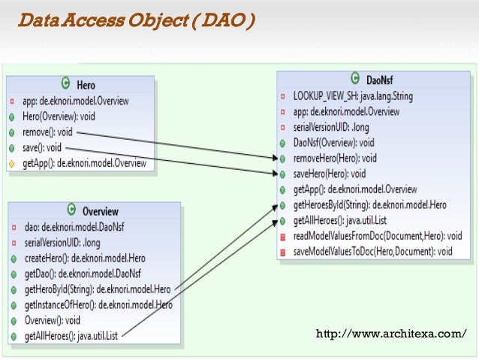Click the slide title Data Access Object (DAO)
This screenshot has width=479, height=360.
tap(136, 20)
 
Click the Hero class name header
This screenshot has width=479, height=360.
tap(86, 85)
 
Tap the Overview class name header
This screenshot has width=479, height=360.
tap(100, 210)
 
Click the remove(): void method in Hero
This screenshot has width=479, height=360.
tap(47, 131)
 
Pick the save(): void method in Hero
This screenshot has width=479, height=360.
tap(42, 147)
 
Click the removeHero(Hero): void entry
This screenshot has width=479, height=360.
tap(335, 158)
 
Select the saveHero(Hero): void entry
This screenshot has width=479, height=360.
tap(331, 174)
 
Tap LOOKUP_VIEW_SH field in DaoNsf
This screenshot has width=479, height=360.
tap(353, 96)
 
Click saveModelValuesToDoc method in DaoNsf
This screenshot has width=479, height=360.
tap(372, 252)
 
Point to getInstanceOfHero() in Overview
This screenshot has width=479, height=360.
tap(98, 305)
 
